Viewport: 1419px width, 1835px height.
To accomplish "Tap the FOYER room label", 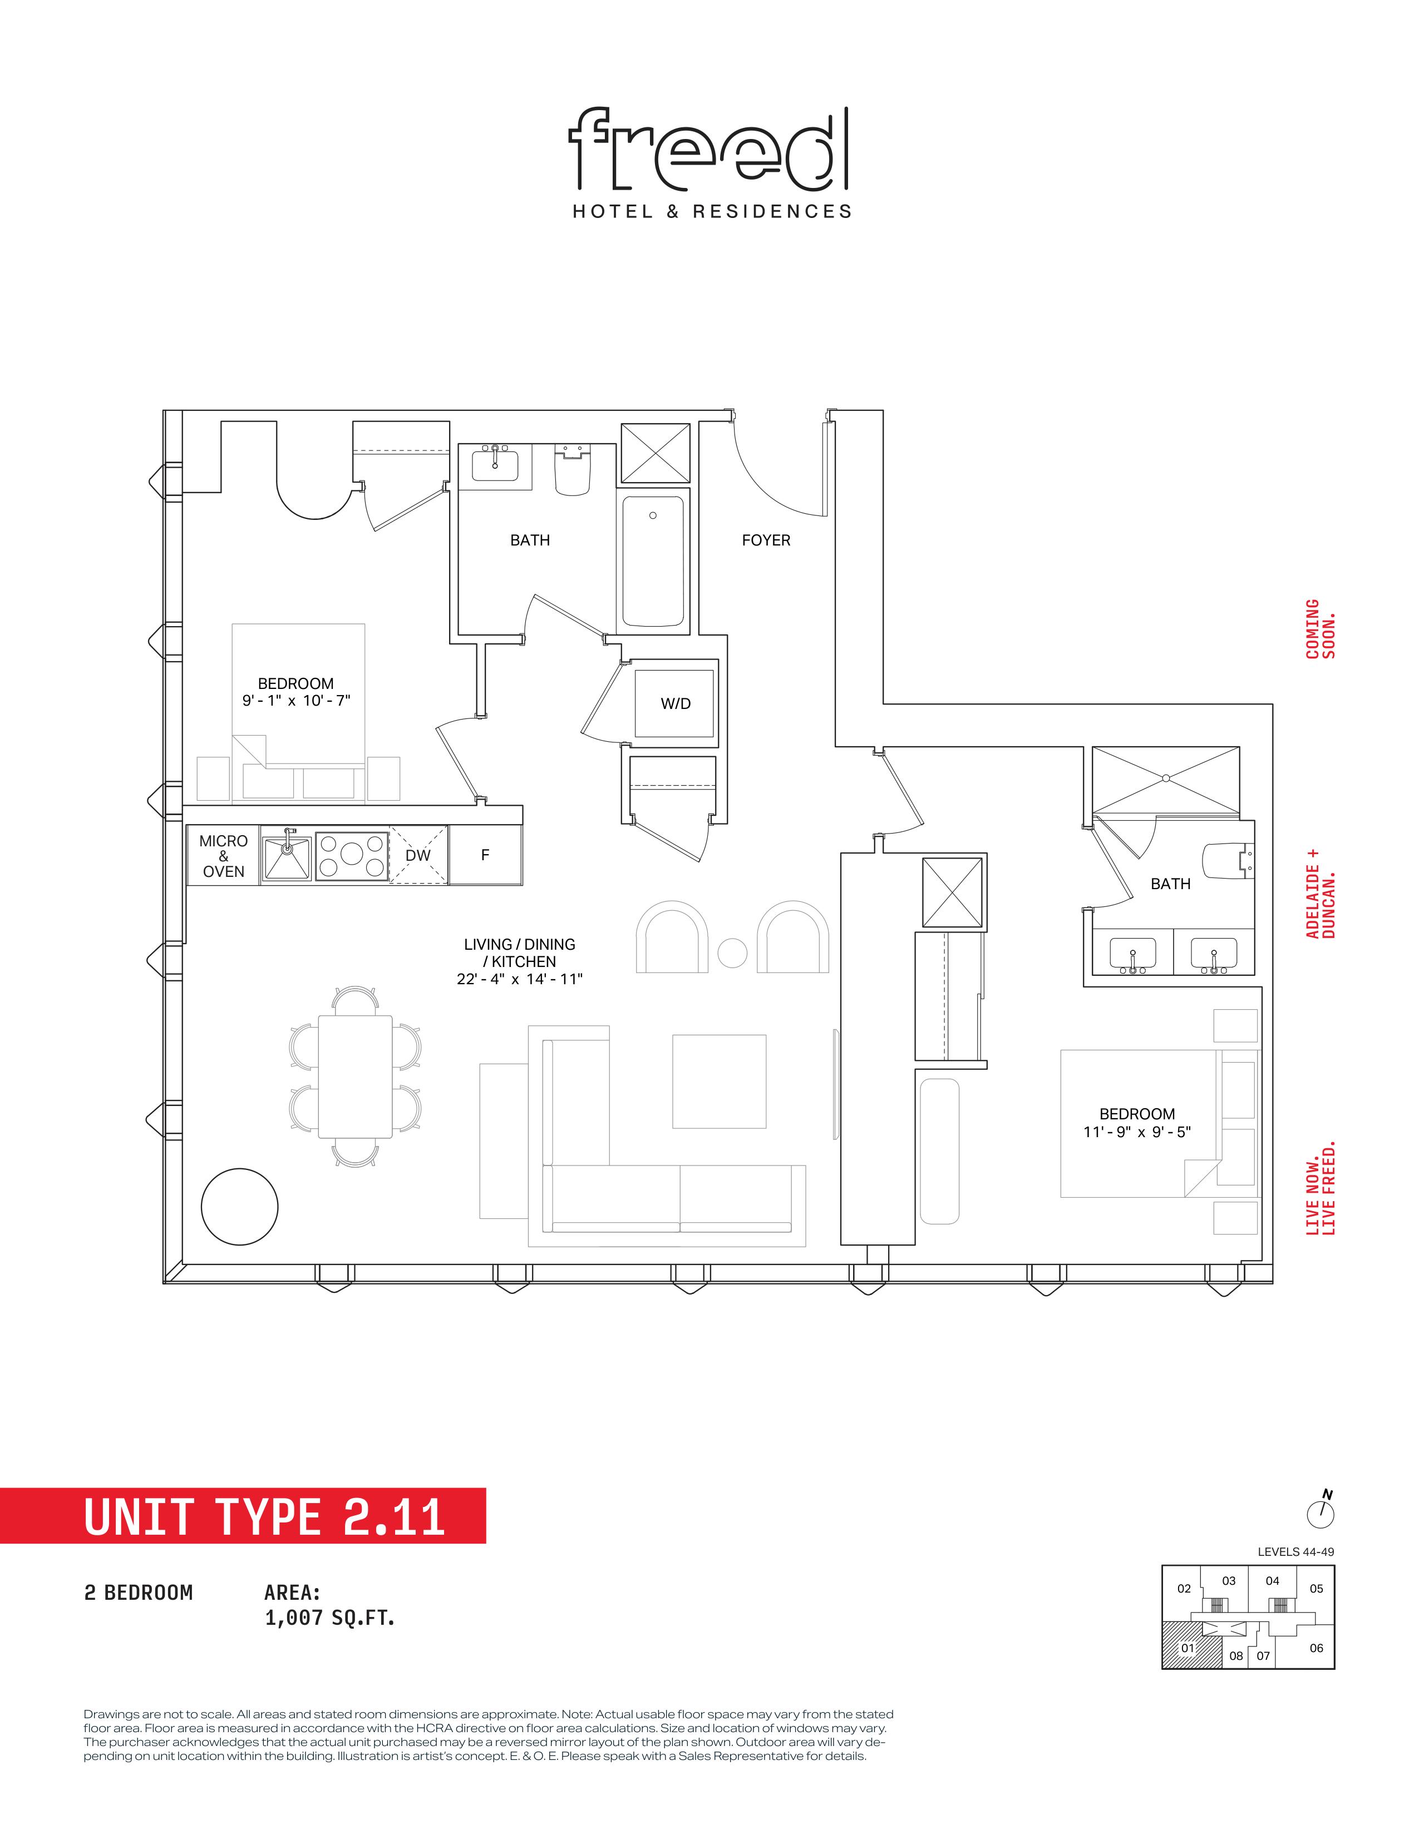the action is [766, 540].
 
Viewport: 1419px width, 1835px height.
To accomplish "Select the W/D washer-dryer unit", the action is [674, 703].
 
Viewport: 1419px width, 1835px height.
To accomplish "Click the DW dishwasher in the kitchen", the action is [418, 855].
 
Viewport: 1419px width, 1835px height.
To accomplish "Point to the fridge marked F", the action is [485, 855].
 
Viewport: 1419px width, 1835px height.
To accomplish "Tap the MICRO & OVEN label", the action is [224, 856].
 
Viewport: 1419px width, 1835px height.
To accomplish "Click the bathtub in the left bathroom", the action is [653, 561].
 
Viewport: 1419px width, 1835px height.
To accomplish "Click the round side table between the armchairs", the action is [732, 953].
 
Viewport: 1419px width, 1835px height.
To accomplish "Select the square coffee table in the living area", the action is [719, 1082].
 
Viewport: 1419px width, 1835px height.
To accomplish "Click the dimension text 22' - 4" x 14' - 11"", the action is [520, 979].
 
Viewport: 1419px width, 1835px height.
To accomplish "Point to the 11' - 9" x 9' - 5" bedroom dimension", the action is [1136, 1132].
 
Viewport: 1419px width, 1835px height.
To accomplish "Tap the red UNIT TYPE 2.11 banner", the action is [243, 1516].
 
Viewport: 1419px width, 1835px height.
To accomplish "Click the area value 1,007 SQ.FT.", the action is [329, 1618].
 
